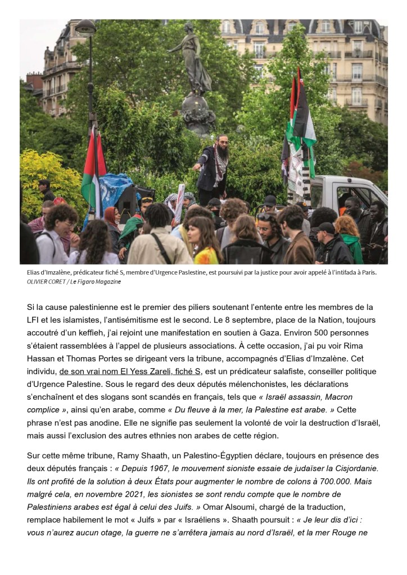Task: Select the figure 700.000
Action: click(x=339, y=481)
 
